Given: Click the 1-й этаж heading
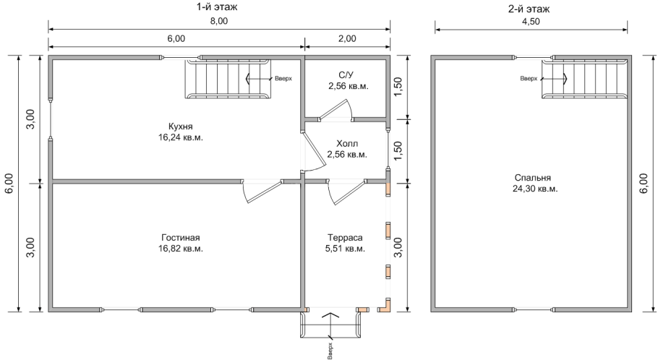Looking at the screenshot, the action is [x=216, y=7].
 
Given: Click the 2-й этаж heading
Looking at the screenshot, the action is [x=529, y=9].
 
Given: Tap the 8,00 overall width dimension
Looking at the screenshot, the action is [x=218, y=21].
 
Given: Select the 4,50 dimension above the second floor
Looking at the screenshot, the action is [x=531, y=21].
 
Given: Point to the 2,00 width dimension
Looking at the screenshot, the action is [x=347, y=38].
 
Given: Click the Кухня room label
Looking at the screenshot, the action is [x=181, y=127].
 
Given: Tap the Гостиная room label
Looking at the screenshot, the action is [x=181, y=238].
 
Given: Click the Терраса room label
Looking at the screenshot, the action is [x=345, y=238].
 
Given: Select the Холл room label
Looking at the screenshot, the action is [x=347, y=144].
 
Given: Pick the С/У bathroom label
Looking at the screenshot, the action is [x=346, y=75].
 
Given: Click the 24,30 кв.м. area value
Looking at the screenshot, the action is [x=535, y=189].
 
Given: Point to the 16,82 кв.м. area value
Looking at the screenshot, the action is [x=181, y=249].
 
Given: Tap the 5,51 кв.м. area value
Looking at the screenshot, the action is [x=345, y=249].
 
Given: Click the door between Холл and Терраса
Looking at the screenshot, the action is [x=346, y=192].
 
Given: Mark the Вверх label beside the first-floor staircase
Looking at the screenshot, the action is [x=283, y=79].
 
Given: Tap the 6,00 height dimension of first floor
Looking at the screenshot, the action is [x=10, y=184].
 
